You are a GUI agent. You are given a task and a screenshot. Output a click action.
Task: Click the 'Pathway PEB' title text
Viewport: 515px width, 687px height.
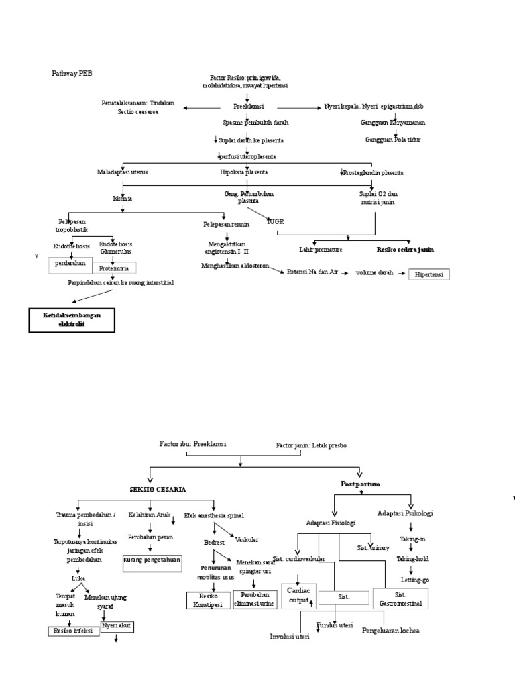pos(71,72)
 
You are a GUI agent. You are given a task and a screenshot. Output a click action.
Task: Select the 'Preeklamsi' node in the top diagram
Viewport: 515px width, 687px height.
pos(248,107)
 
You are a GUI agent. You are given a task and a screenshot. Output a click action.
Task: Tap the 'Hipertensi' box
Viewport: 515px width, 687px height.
pos(429,274)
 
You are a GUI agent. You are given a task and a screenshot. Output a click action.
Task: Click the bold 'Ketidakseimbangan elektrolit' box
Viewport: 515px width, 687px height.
pos(72,320)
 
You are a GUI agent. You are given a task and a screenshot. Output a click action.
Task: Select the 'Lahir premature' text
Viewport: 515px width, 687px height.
pos(321,249)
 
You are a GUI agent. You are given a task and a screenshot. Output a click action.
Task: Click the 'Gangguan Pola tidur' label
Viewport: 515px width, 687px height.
pos(393,139)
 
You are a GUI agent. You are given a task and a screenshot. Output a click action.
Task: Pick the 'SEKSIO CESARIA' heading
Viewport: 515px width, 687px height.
pos(158,490)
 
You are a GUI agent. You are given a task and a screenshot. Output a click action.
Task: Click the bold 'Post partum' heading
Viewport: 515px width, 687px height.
pos(360,483)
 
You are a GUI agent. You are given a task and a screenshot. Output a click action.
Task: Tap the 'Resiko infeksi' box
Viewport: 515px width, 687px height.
pos(74,631)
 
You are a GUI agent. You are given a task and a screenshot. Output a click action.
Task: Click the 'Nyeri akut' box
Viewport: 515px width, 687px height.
pos(117,627)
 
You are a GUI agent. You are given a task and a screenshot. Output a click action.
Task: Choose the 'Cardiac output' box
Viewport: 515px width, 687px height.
pos(298,595)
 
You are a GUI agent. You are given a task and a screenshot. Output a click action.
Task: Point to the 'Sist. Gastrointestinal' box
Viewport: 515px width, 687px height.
pos(400,598)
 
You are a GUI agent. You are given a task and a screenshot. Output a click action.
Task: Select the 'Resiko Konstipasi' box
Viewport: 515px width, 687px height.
pos(207,600)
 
